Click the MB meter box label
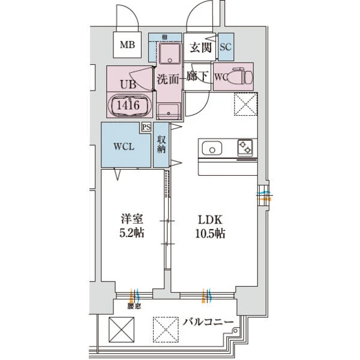(x=127, y=44)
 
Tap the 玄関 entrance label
(x=199, y=48)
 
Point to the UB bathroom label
(x=128, y=85)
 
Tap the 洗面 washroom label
(x=168, y=78)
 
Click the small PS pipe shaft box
(x=146, y=127)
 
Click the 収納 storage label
(x=161, y=145)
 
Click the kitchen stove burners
(x=245, y=148)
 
